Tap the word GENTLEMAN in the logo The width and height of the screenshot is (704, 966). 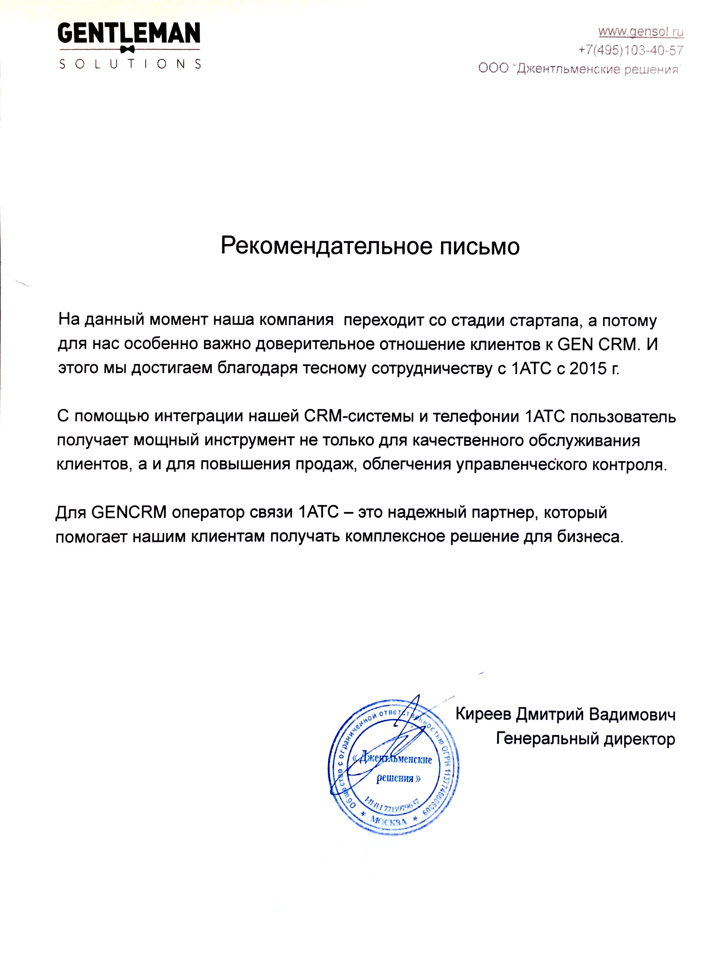click(x=129, y=34)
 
